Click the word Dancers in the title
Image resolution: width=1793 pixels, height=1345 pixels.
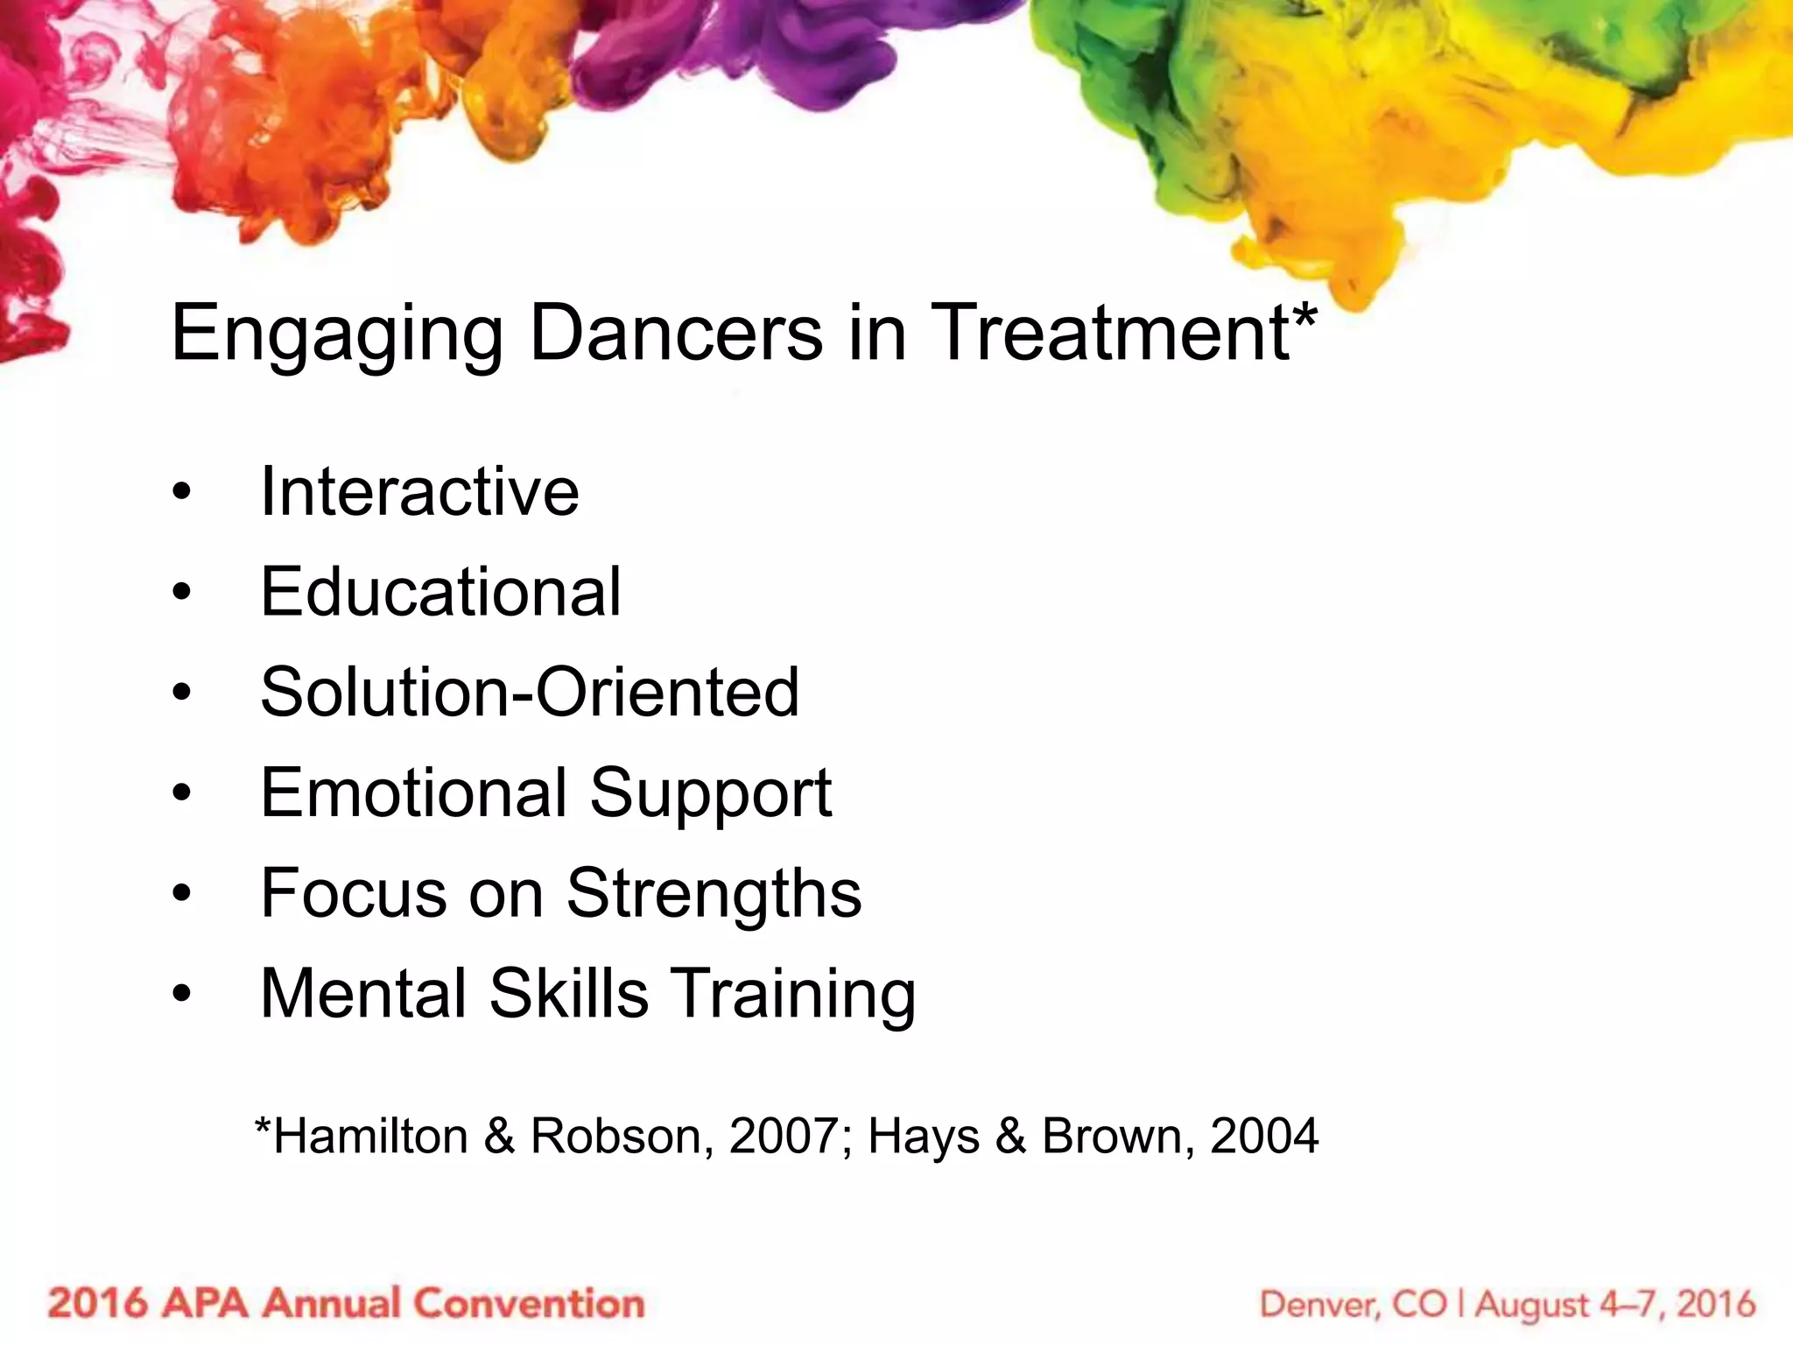click(676, 333)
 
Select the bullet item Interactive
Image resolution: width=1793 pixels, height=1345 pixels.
click(419, 491)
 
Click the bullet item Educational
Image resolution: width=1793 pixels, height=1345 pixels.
click(440, 592)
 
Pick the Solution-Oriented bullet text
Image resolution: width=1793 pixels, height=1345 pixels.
click(530, 693)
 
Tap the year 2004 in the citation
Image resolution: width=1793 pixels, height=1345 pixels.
click(1263, 1136)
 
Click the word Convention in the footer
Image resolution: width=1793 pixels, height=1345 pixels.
click(529, 1303)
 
